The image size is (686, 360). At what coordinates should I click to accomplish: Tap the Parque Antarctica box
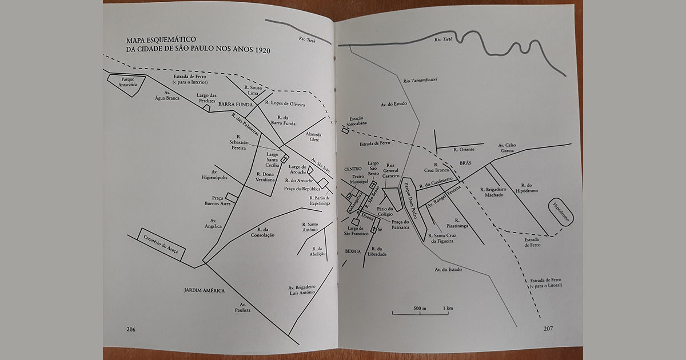[125, 82]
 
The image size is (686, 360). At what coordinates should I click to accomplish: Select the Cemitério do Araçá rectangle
[161, 245]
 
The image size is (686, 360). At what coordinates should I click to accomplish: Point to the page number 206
[131, 329]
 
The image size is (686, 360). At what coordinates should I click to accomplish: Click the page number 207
[549, 329]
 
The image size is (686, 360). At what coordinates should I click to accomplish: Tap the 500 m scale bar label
[420, 309]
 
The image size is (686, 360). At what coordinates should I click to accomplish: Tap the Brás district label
[465, 163]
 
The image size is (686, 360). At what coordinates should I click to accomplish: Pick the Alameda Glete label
[313, 137]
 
